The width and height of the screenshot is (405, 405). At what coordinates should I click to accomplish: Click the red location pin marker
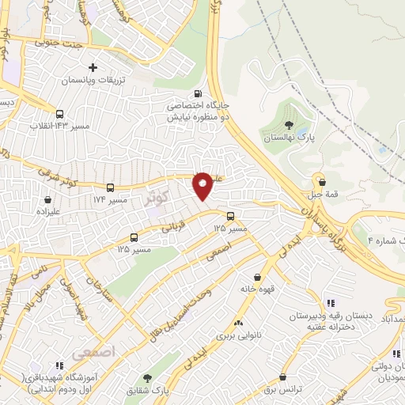pyautogui.click(x=203, y=185)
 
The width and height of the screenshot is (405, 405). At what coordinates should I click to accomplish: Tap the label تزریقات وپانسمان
pyautogui.click(x=94, y=80)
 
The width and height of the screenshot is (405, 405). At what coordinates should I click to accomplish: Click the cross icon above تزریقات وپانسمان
pyautogui.click(x=93, y=67)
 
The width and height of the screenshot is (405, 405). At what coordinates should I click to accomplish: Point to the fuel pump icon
pyautogui.click(x=208, y=92)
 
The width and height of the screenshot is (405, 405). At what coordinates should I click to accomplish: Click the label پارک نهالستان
pyautogui.click(x=290, y=138)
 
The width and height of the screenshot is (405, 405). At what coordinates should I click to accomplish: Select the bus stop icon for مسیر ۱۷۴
pyautogui.click(x=110, y=188)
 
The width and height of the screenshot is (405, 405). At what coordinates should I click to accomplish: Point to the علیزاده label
pyautogui.click(x=52, y=211)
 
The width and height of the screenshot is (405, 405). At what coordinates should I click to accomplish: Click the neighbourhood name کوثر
pyautogui.click(x=156, y=197)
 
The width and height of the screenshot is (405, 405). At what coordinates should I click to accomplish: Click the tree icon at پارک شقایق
pyautogui.click(x=146, y=379)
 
